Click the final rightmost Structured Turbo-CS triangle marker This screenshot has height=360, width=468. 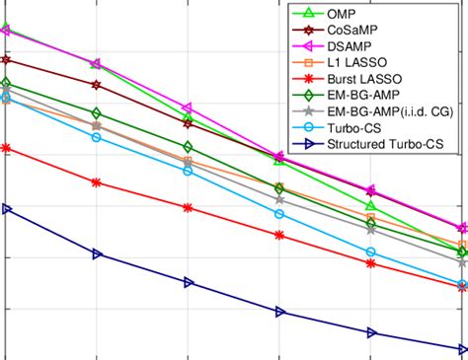462,348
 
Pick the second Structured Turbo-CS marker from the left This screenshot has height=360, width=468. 97,254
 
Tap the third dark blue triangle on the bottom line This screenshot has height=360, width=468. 188,282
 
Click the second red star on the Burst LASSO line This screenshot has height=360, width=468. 96,182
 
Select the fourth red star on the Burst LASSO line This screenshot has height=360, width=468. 279,236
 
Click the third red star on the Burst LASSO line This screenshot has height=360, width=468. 188,208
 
